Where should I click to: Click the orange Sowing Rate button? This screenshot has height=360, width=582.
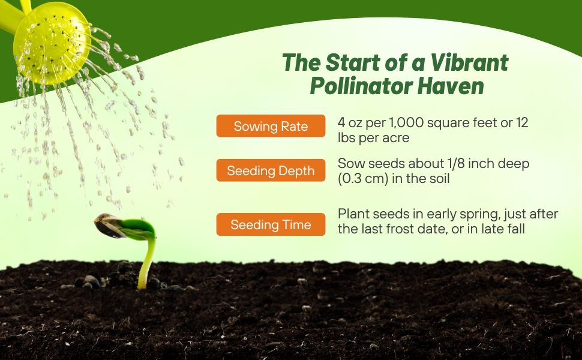click(271, 126)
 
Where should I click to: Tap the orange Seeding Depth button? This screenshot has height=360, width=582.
click(271, 170)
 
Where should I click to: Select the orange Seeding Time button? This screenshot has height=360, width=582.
click(271, 224)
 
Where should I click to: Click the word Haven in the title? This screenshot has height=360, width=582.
click(451, 86)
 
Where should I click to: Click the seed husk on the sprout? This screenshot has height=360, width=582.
click(110, 226)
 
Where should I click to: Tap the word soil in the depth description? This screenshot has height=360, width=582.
click(439, 179)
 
